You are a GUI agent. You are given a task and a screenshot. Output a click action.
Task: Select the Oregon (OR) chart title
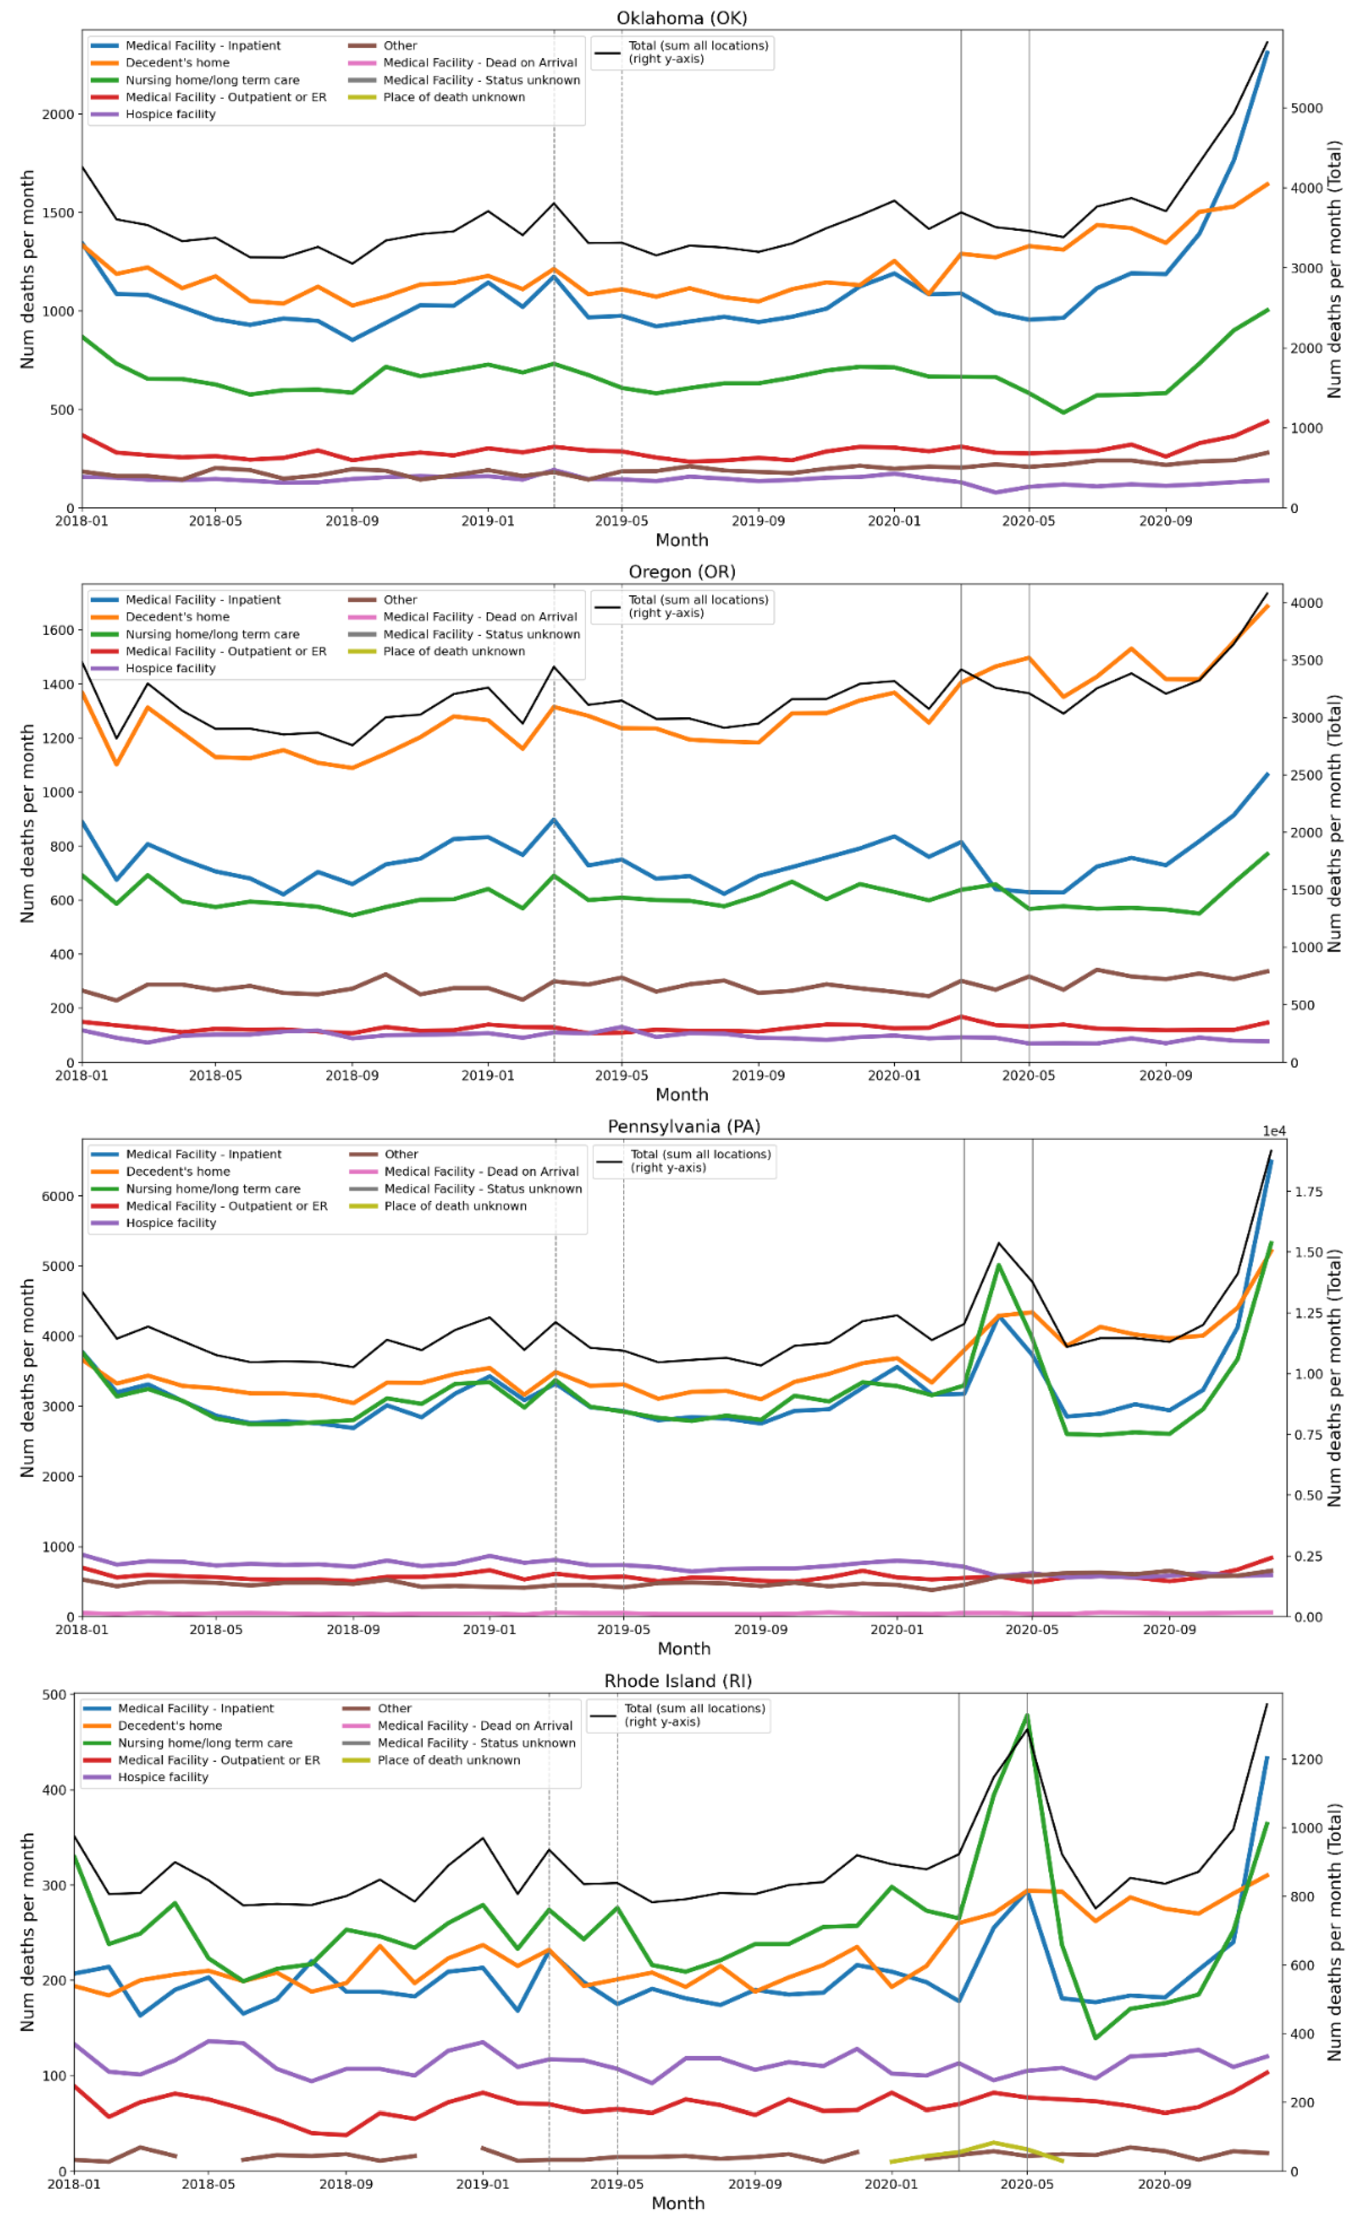(x=682, y=572)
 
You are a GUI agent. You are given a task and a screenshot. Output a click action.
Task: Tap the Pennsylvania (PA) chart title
(x=683, y=1127)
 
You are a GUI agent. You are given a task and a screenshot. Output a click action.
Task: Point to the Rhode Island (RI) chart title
(x=678, y=1681)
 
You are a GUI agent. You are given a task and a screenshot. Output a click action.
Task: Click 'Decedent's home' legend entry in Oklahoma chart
(x=177, y=62)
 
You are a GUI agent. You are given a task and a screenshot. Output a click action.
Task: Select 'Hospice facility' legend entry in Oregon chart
(x=170, y=669)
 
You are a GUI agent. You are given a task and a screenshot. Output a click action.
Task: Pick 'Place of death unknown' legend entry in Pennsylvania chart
(x=455, y=1206)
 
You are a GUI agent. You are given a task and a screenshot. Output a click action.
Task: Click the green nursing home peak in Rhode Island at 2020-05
(x=1027, y=1715)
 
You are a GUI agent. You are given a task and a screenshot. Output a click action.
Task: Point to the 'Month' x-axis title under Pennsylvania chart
(x=683, y=1649)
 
